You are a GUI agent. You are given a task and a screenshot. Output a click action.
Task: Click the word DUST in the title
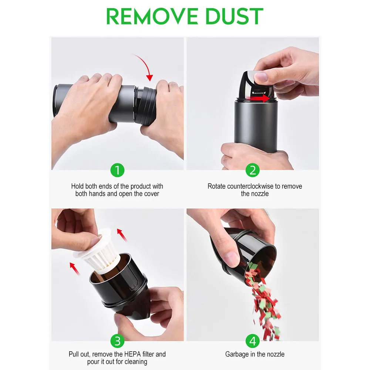(x=235, y=16)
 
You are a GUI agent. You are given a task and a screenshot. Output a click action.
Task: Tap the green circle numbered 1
(x=117, y=170)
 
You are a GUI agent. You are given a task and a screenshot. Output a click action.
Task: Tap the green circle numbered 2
(x=252, y=170)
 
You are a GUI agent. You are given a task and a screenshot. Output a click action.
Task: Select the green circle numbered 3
(x=117, y=341)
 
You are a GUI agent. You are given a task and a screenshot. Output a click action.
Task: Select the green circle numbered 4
(x=252, y=341)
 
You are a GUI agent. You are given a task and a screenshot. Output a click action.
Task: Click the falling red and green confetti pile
(x=263, y=300)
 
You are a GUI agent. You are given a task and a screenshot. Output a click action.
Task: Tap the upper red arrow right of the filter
(x=122, y=235)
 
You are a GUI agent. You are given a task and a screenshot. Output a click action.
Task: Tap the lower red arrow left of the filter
(x=75, y=269)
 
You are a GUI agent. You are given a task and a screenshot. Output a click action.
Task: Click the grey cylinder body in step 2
(x=256, y=125)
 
